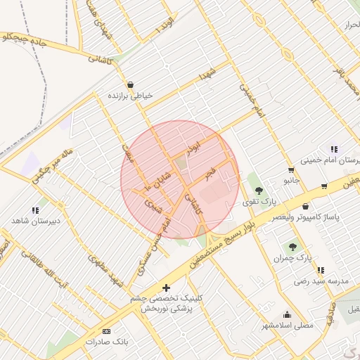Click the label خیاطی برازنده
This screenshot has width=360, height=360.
130,94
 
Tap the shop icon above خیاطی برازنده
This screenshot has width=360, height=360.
131,84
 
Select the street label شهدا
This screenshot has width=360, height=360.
206,73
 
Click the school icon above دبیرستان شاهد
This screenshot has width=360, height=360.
35,210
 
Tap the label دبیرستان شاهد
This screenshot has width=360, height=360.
33,221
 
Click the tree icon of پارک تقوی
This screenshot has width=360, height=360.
259,190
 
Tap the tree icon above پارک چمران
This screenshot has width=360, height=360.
292,247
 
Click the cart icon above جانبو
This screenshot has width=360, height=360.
291,170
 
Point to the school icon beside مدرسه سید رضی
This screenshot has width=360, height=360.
321,270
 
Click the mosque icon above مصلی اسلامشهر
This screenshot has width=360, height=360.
287,314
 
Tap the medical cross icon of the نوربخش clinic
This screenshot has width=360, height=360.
166,288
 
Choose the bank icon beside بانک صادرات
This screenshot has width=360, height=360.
106,330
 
